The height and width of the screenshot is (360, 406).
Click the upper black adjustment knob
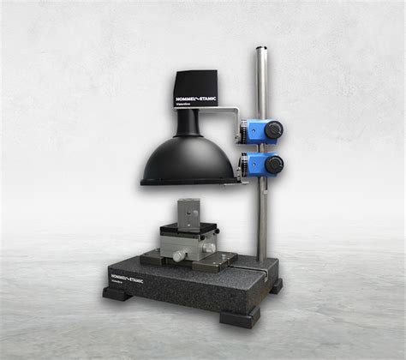pyautogui.click(x=273, y=129)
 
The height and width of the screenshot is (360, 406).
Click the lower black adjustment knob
pyautogui.click(x=273, y=163)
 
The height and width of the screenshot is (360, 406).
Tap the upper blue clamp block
pyautogui.click(x=255, y=130)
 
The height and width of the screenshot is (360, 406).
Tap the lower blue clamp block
pyautogui.click(x=255, y=164)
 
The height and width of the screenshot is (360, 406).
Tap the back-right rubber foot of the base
pyautogui.click(x=275, y=286)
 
